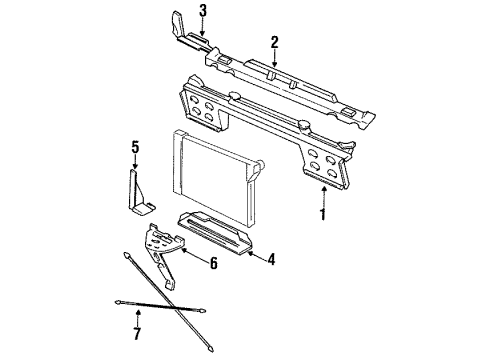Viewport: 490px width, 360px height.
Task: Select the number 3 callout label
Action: (203, 11)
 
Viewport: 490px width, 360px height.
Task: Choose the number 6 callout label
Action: (213, 264)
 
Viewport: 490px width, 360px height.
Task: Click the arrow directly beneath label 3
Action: (203, 27)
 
